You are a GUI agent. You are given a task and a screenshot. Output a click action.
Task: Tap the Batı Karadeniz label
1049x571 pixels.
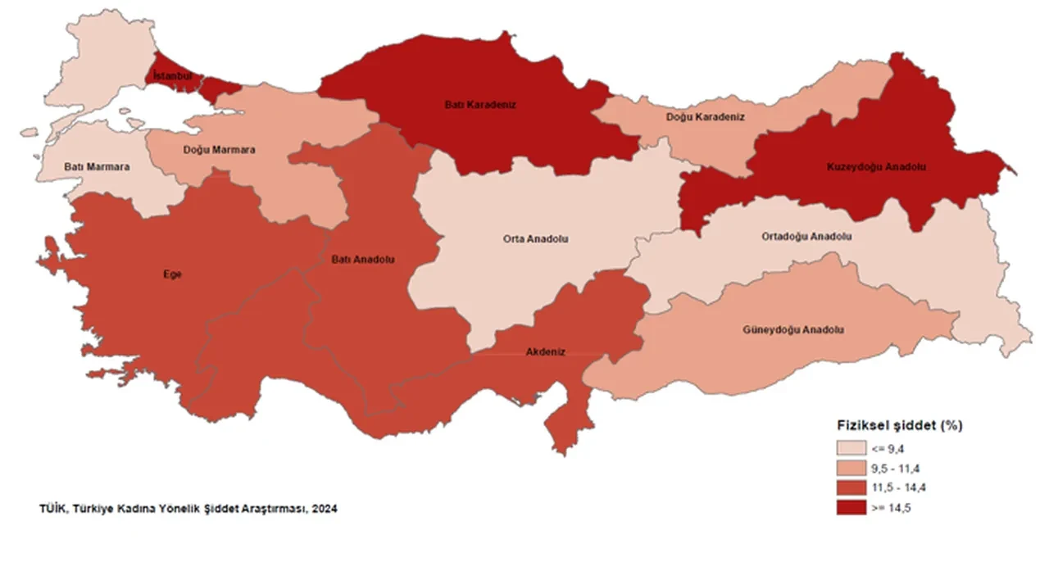tap(480, 105)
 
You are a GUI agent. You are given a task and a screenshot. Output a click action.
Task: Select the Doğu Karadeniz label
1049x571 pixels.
tap(706, 117)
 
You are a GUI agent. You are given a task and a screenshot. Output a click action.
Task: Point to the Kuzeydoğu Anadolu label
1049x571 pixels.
tap(875, 166)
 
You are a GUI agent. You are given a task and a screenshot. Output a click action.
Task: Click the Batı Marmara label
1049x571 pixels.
tap(97, 167)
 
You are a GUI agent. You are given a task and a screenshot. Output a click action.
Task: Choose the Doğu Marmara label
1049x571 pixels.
tap(218, 151)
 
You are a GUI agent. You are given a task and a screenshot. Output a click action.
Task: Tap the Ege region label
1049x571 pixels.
tap(172, 274)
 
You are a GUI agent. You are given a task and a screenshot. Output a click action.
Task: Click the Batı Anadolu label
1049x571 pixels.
tap(363, 260)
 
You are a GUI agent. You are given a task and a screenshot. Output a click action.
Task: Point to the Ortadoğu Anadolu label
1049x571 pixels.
tap(806, 236)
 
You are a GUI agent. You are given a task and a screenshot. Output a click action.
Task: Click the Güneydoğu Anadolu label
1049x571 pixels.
tap(794, 329)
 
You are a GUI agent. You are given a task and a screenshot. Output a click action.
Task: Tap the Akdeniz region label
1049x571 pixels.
tap(545, 352)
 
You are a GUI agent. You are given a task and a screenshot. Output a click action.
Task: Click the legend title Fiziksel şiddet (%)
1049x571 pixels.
tap(899, 426)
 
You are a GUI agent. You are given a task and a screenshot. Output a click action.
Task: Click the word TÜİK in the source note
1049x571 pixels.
tap(52, 509)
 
